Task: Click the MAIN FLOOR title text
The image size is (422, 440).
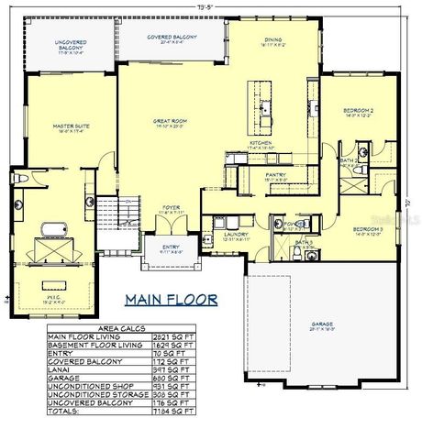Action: tap(171, 299)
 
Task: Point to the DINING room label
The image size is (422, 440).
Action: tap(272, 39)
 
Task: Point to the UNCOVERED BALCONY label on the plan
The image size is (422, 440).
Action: tap(71, 44)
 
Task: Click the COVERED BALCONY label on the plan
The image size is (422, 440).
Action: tap(172, 38)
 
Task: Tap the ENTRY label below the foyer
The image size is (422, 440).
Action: tap(172, 248)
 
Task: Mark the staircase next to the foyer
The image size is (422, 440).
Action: tap(117, 214)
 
